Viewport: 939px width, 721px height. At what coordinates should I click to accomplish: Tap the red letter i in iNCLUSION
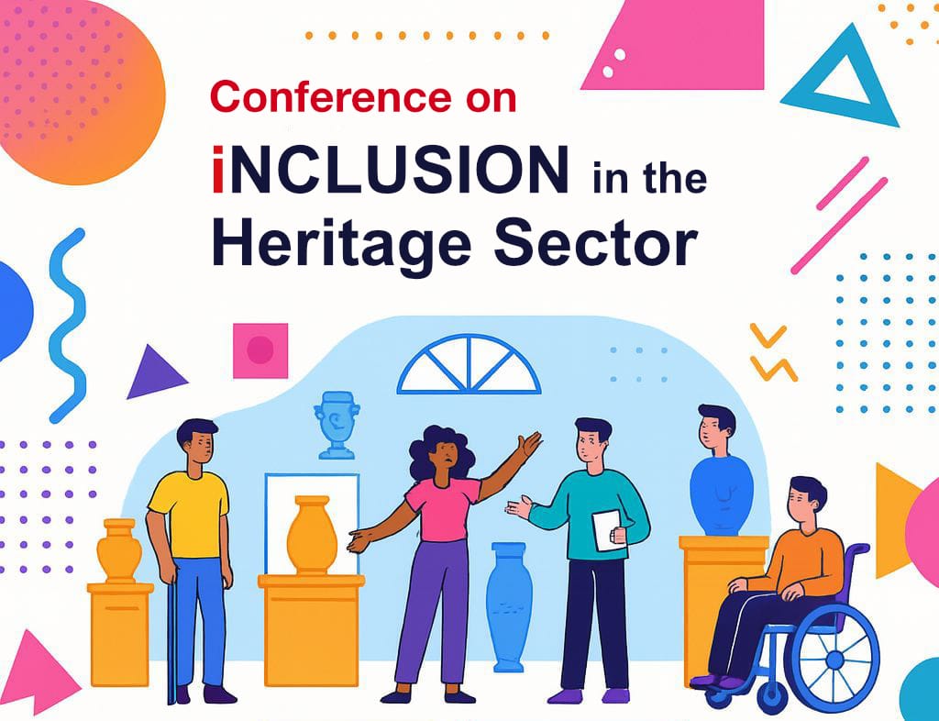[218, 170]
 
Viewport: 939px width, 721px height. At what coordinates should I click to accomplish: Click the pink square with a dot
[260, 351]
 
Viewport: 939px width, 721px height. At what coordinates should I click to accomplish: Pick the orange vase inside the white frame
[312, 536]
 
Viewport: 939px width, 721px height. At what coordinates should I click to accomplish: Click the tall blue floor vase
[509, 606]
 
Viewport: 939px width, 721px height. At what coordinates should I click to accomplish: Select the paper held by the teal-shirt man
[609, 530]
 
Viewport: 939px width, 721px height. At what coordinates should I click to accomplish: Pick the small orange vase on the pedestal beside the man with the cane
[119, 551]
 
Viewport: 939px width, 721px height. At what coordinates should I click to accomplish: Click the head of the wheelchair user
[806, 501]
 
